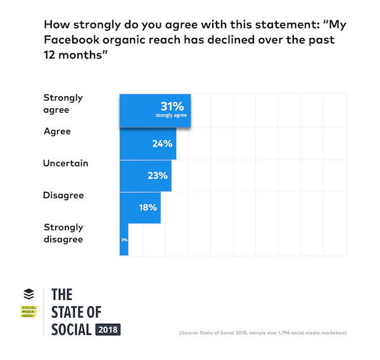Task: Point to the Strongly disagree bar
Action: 124,240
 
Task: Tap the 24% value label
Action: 162,144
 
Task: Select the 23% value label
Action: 158,175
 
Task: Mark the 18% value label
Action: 148,207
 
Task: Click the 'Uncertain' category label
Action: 65,163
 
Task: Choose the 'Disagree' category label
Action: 63,195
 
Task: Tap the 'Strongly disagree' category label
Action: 63,233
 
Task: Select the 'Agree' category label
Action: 57,132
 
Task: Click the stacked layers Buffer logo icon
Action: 28,294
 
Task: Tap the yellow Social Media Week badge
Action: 29,312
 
